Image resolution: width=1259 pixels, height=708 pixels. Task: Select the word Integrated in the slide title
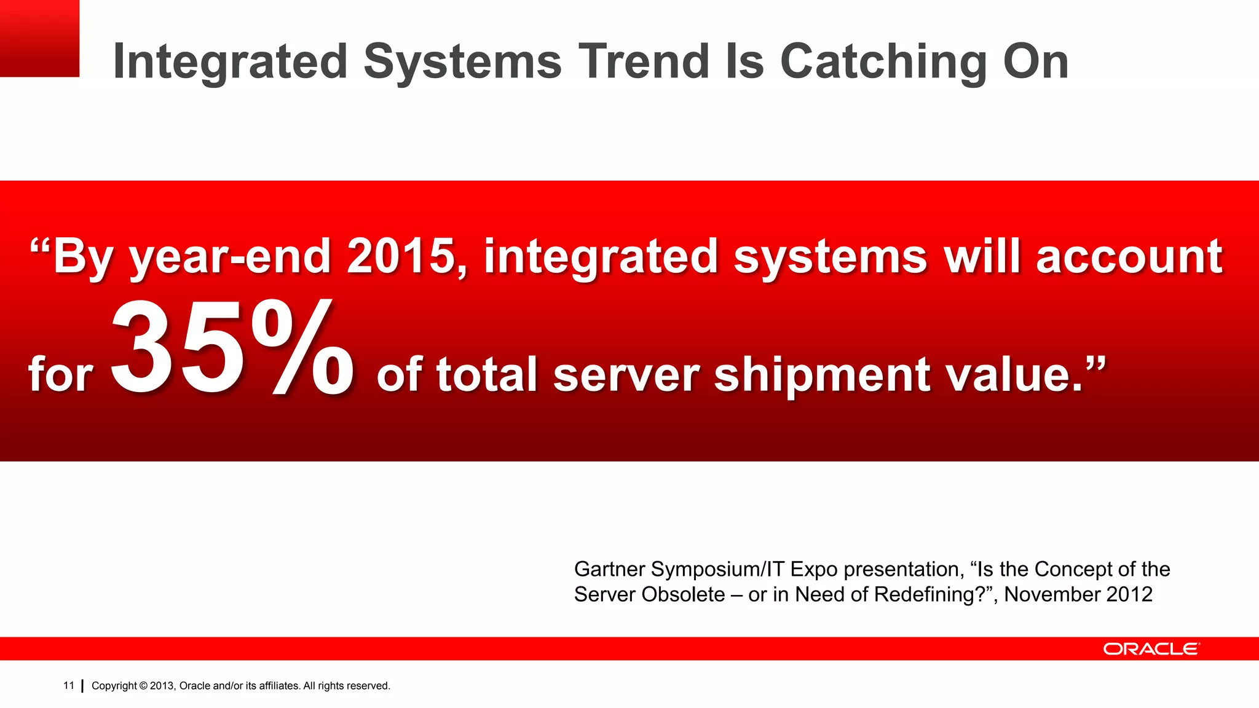231,63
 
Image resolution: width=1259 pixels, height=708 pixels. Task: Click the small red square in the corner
39,38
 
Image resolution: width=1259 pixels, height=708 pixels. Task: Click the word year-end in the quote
231,258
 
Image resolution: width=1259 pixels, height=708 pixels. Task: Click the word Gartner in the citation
609,570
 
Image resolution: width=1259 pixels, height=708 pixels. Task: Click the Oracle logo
1150,649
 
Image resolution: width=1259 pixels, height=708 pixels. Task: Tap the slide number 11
68,685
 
